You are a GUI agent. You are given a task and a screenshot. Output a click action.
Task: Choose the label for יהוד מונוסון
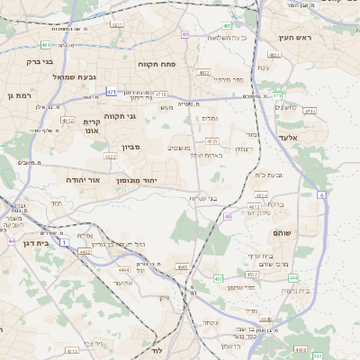[136, 180]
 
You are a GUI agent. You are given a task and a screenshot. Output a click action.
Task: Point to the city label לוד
[156, 348]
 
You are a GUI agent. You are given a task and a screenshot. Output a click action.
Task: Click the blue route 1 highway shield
[64, 242]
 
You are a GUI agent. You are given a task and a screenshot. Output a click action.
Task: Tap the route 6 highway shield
[321, 194]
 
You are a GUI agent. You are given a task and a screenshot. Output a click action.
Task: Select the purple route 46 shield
[228, 216]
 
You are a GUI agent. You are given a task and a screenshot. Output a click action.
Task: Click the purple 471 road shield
[111, 92]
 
